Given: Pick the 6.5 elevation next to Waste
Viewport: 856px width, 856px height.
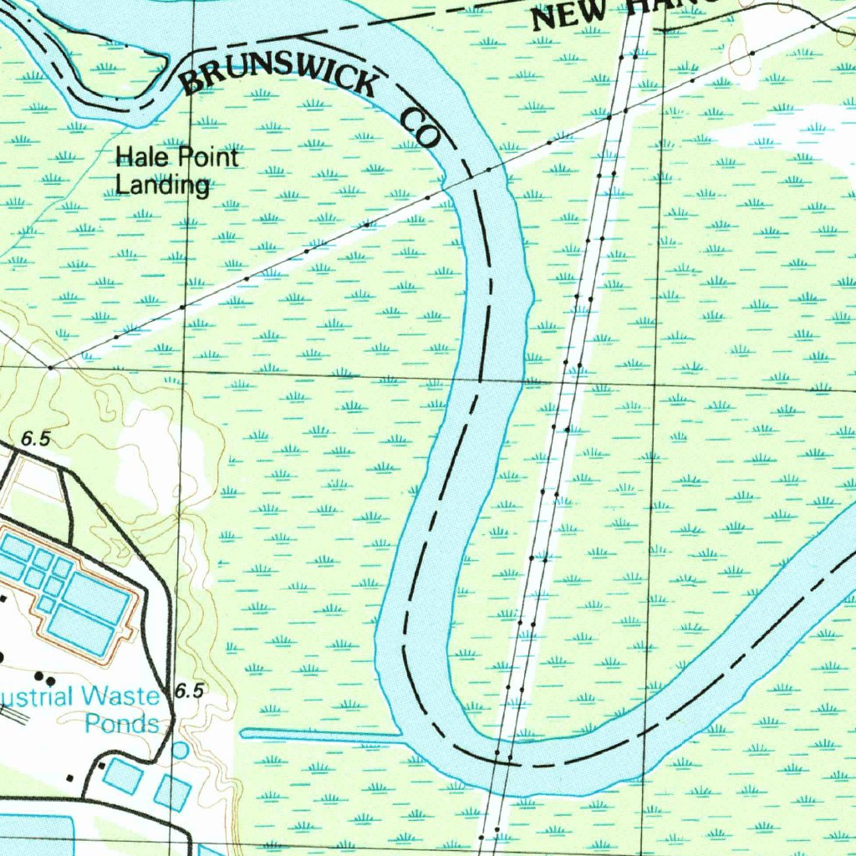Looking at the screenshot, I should (x=190, y=690).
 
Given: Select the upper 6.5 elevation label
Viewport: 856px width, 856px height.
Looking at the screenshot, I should (x=35, y=438).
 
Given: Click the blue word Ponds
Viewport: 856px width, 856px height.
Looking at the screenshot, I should (x=122, y=724).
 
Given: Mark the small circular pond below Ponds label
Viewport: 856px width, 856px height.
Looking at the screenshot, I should (x=180, y=750).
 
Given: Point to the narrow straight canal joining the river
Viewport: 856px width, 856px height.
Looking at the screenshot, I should (x=322, y=735).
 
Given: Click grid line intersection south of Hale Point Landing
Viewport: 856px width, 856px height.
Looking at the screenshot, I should (x=186, y=371).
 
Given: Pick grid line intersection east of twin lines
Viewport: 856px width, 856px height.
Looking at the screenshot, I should (x=659, y=386).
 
